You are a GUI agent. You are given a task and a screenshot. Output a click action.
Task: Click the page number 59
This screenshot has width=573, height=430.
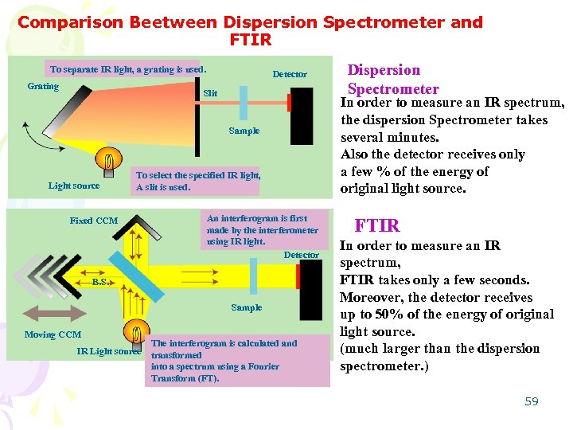[532, 401]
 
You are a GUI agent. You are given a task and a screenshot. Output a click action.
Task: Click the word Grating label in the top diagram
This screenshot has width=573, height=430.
[43, 86]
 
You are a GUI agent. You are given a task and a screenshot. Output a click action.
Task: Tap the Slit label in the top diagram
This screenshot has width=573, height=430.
[210, 94]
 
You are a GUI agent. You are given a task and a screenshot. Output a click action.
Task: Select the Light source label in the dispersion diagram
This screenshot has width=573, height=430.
[74, 186]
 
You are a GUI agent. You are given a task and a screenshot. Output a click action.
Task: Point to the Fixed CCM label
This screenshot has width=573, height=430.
[93, 221]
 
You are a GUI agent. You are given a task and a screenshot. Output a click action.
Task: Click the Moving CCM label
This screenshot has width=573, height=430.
[53, 334]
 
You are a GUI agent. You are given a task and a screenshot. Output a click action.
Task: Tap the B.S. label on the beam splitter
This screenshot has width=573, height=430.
[99, 282]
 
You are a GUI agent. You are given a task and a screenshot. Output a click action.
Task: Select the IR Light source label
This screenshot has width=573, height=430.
[108, 351]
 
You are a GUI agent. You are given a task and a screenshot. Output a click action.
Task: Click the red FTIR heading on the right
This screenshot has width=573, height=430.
[376, 225]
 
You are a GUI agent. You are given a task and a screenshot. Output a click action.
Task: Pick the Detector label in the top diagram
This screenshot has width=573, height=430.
[290, 74]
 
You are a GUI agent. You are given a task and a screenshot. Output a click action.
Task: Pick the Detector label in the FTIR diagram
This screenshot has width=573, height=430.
[301, 255]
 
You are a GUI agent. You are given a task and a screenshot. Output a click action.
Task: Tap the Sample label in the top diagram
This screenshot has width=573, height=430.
[244, 131]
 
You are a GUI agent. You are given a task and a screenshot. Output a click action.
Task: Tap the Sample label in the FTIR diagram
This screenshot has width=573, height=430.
[246, 307]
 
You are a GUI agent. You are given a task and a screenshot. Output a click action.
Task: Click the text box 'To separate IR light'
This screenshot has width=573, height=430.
[127, 69]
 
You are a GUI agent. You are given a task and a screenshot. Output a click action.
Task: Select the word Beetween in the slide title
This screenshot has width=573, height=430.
[177, 22]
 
